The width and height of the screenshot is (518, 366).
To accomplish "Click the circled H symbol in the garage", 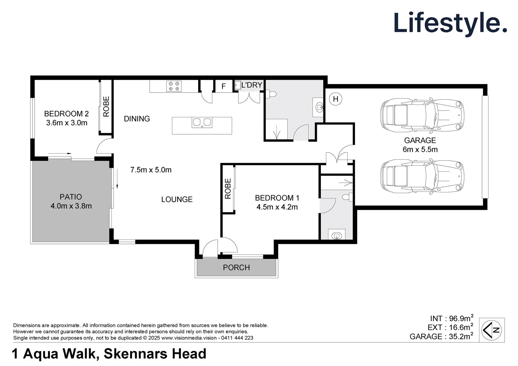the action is pyautogui.click(x=335, y=99).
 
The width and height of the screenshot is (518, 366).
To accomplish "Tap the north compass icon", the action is pyautogui.click(x=492, y=330).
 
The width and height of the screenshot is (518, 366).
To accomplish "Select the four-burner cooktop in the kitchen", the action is pyautogui.click(x=174, y=86).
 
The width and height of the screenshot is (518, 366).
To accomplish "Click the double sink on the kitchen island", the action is pyautogui.click(x=202, y=122).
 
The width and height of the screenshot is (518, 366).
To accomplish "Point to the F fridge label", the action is pyautogui.click(x=224, y=86).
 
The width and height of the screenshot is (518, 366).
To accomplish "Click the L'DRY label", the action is pyautogui.click(x=252, y=85).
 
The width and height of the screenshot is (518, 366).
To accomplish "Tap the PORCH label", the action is pyautogui.click(x=236, y=268).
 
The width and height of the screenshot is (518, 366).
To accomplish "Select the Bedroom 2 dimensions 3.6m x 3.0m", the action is pyautogui.click(x=66, y=123).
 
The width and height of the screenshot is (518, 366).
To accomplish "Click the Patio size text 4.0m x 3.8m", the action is pyautogui.click(x=71, y=206).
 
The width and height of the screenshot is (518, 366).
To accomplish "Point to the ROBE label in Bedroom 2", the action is pyautogui.click(x=106, y=106).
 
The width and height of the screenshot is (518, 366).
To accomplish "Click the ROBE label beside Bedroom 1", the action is pyautogui.click(x=228, y=188).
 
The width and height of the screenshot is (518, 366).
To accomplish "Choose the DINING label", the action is pyautogui.click(x=137, y=119).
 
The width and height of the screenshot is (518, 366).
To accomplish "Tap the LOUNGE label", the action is pyautogui.click(x=177, y=199).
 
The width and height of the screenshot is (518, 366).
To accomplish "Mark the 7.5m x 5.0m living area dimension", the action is pyautogui.click(x=151, y=170).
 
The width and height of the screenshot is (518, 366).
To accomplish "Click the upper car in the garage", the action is pyautogui.click(x=422, y=115).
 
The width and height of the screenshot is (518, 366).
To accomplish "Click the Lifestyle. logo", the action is pyautogui.click(x=450, y=24).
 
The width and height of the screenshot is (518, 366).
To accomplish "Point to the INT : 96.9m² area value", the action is pyautogui.click(x=452, y=319).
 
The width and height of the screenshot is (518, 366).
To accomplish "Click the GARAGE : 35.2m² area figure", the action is pyautogui.click(x=441, y=337).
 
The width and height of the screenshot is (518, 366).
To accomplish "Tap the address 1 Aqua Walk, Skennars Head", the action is pyautogui.click(x=109, y=354).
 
